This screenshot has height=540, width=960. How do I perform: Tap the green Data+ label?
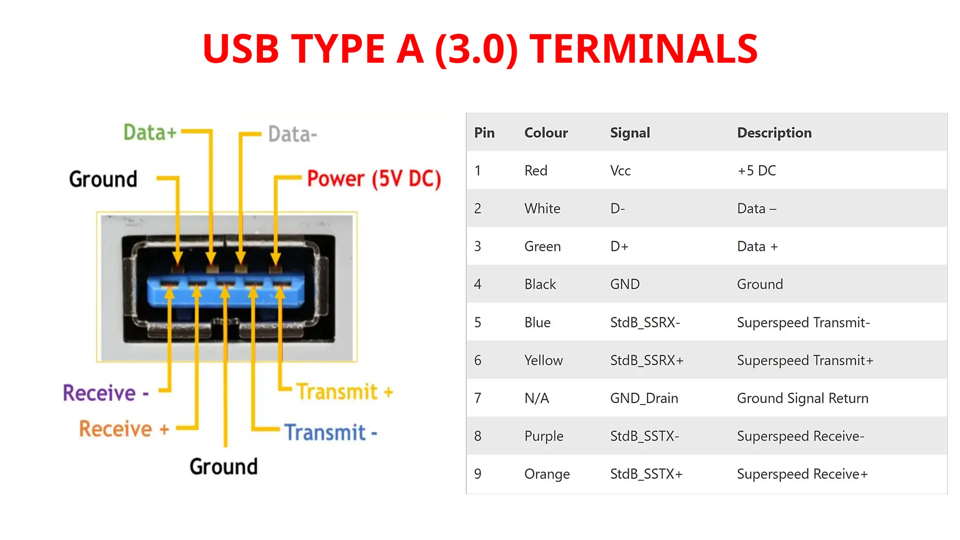(150, 132)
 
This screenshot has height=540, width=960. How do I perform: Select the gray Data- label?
(292, 135)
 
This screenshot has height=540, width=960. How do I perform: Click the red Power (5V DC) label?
(374, 179)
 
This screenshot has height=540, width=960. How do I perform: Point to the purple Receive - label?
(106, 393)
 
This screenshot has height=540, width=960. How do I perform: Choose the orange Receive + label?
(124, 429)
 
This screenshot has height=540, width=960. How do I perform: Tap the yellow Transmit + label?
(345, 392)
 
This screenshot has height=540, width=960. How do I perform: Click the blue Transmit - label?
(331, 432)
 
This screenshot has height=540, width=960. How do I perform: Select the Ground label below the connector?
(224, 466)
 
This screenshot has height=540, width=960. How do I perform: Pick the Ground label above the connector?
(103, 179)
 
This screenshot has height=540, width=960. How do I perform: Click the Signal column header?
(630, 133)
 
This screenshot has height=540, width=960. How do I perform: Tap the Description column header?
(774, 133)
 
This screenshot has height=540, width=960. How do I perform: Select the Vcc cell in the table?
(620, 171)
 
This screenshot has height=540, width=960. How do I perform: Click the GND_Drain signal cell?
(644, 398)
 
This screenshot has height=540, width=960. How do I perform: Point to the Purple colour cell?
(543, 436)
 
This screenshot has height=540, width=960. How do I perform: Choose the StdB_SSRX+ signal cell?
(646, 360)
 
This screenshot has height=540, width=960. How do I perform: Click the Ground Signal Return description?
(802, 398)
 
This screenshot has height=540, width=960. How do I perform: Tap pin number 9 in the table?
(478, 474)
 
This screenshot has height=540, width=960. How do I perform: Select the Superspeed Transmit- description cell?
(803, 322)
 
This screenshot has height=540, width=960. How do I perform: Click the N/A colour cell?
(536, 398)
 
